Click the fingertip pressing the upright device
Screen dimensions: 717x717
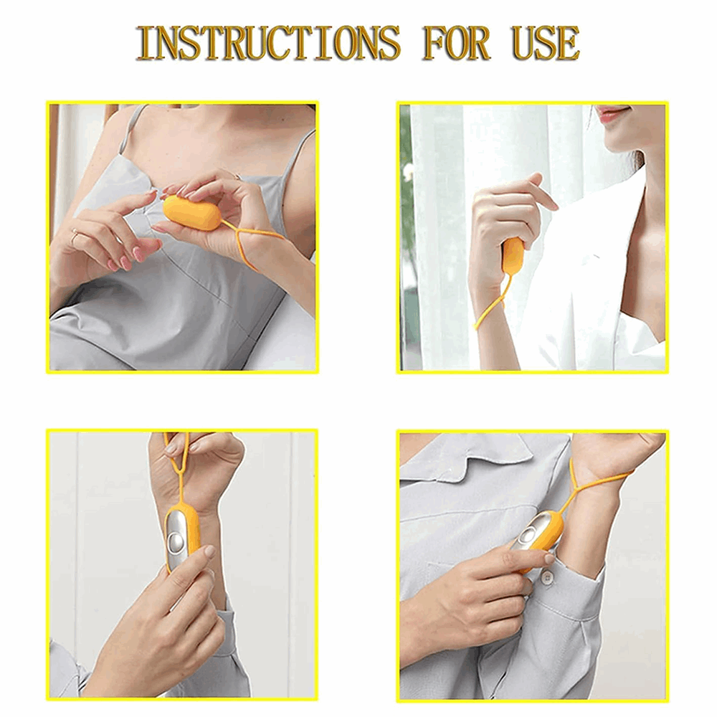coord(209,551)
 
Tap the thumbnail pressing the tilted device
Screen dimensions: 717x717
coord(549,558)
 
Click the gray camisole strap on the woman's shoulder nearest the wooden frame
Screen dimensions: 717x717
coord(128,133)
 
